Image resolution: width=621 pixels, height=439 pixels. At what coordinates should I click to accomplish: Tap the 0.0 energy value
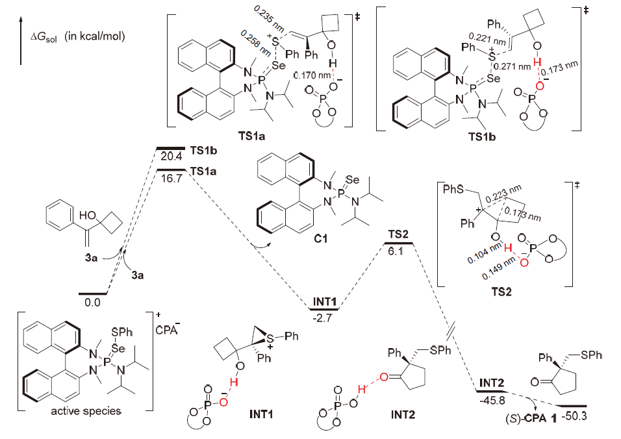[x=93, y=302]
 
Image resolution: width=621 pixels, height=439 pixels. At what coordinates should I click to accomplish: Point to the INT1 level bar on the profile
[x=322, y=308]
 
